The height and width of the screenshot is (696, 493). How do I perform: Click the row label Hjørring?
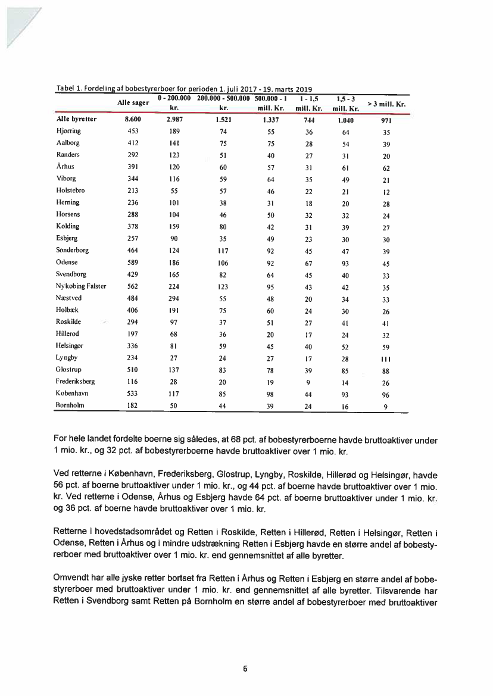tap(68, 130)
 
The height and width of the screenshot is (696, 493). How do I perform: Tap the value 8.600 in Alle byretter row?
tap(133, 119)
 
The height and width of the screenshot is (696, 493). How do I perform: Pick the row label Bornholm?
tap(70, 405)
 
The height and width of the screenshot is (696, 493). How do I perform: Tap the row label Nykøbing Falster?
tap(81, 286)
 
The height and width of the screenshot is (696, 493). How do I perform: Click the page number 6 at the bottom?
tap(245, 668)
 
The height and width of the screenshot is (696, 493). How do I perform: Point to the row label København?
tap(72, 393)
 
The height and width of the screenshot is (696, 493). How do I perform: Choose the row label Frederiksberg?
tap(75, 381)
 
